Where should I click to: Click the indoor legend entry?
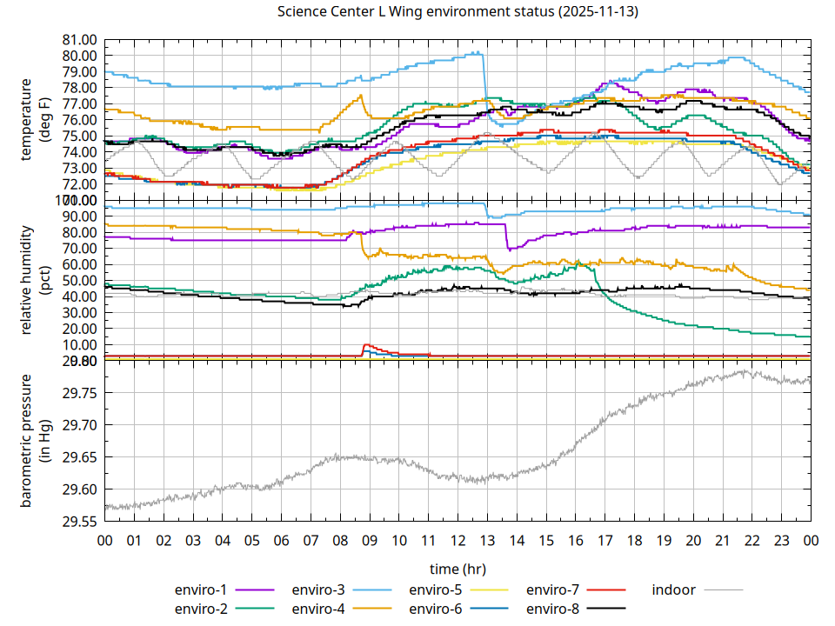pyautogui.click(x=674, y=590)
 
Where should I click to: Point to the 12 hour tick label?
pyautogui.click(x=458, y=540)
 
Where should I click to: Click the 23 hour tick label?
pyautogui.click(x=781, y=540)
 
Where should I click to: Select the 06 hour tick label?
pyautogui.click(x=281, y=540)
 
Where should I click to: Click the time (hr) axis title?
pyautogui.click(x=458, y=569)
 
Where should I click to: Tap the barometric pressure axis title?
pyautogui.click(x=37, y=441)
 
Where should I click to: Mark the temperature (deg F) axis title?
pyautogui.click(x=37, y=119)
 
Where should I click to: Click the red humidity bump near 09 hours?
pyautogui.click(x=367, y=346)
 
